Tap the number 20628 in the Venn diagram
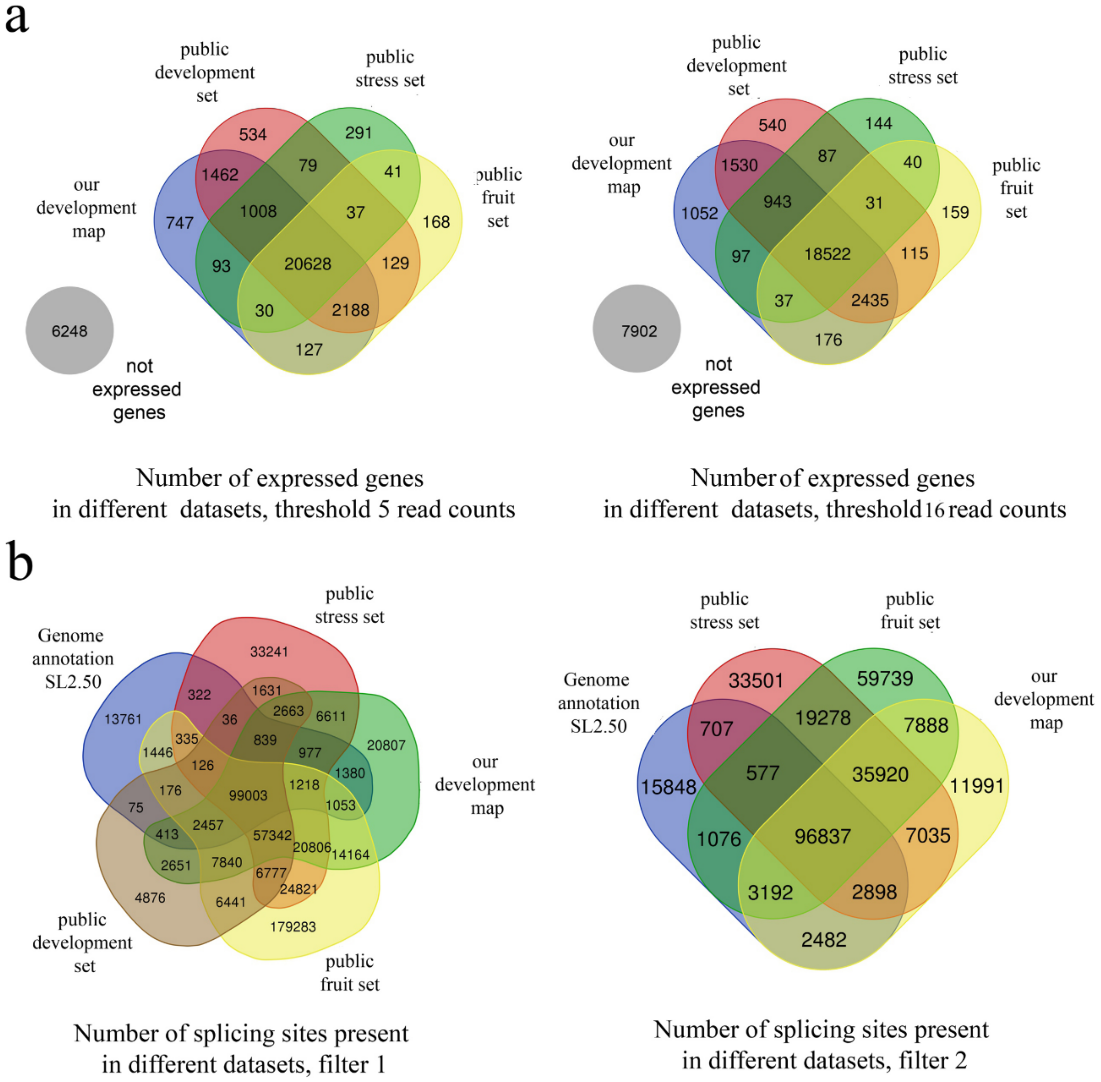pyautogui.click(x=308, y=264)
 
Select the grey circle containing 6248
pyautogui.click(x=69, y=331)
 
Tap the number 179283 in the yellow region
pyautogui.click(x=293, y=927)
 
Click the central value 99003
pyautogui.click(x=248, y=795)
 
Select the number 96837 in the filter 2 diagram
pyautogui.click(x=823, y=836)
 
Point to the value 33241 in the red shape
pyautogui.click(x=269, y=652)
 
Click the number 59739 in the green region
pyautogui.click(x=885, y=678)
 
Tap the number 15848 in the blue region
pyautogui.click(x=668, y=787)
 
